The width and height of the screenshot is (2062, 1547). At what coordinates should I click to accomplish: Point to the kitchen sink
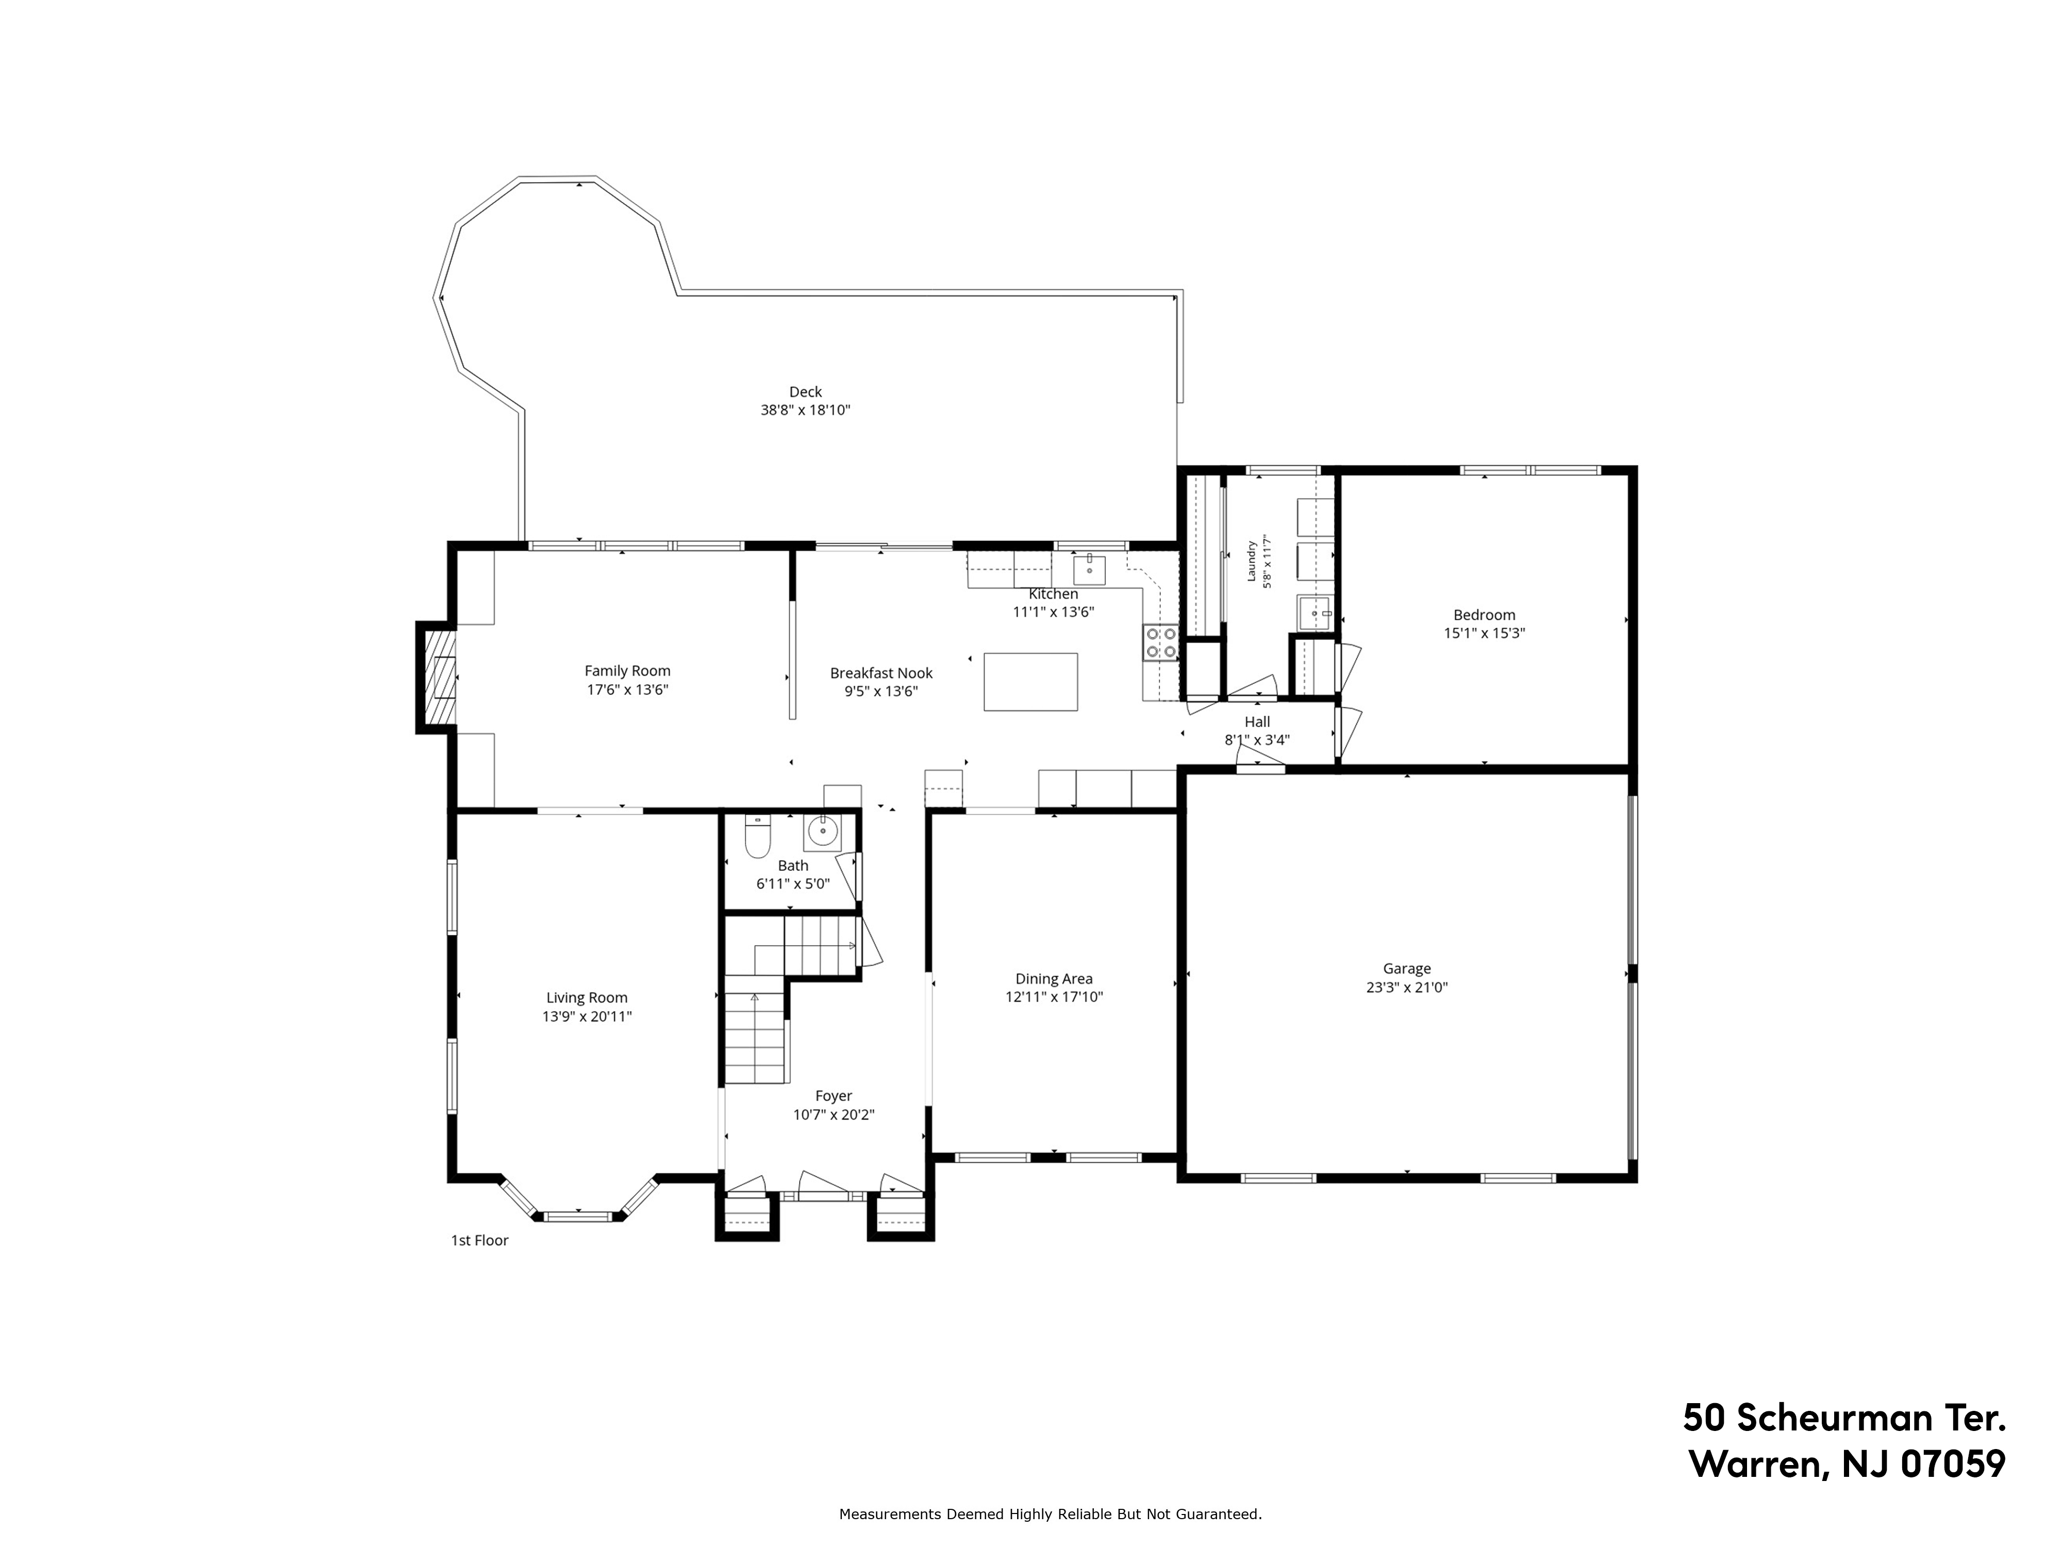pos(1089,567)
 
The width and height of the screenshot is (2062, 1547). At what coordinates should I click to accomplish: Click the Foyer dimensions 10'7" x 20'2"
pos(834,1114)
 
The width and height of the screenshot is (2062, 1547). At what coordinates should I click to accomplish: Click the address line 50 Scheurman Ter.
pos(1844,1418)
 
